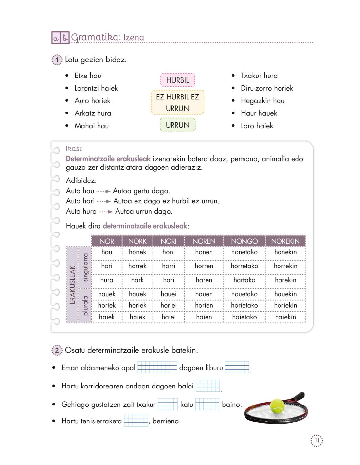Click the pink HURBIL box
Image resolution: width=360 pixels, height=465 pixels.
click(x=177, y=80)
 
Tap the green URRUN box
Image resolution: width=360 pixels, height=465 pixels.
click(x=177, y=125)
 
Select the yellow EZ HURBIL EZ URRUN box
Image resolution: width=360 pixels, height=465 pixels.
click(x=177, y=102)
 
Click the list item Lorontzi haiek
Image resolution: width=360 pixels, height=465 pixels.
click(x=96, y=88)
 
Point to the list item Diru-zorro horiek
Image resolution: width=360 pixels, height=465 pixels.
click(x=267, y=88)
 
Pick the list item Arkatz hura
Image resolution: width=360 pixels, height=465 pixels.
click(x=93, y=113)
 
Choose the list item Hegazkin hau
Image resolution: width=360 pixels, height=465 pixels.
click(x=262, y=101)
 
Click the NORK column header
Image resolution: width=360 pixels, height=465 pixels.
click(x=137, y=241)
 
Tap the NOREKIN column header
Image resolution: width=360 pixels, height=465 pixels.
click(x=285, y=241)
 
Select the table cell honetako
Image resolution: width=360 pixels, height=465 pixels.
click(x=244, y=252)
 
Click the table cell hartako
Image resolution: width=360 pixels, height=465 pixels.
click(x=244, y=280)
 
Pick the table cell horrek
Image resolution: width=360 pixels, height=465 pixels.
click(x=137, y=266)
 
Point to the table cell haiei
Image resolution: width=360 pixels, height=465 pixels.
click(x=169, y=317)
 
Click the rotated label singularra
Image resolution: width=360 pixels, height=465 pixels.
click(x=85, y=267)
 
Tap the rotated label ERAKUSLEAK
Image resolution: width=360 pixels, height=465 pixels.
click(x=72, y=284)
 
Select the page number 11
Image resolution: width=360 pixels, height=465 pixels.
click(x=317, y=441)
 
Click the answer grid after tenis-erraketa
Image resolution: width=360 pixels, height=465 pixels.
click(x=136, y=421)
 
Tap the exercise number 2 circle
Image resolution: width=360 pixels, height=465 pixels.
click(x=57, y=351)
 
